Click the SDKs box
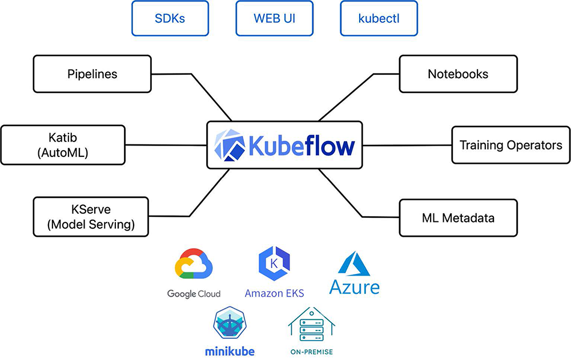click(x=170, y=18)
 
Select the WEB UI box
click(x=274, y=18)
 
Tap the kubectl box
click(x=379, y=18)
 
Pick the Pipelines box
click(x=92, y=74)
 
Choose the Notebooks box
click(x=458, y=74)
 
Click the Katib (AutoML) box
click(x=63, y=145)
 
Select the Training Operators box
click(x=511, y=145)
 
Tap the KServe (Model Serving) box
click(x=91, y=217)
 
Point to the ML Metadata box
click(x=458, y=218)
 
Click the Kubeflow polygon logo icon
click(x=230, y=145)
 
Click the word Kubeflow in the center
click(x=301, y=145)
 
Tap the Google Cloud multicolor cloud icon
click(x=194, y=264)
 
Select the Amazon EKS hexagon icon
click(x=274, y=264)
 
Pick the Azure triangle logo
click(x=354, y=264)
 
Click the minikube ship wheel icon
click(x=230, y=323)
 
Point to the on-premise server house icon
click(x=312, y=326)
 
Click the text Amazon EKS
click(x=274, y=293)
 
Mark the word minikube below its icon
click(x=230, y=351)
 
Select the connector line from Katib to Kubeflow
click(x=166, y=145)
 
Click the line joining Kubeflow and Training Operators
click(x=407, y=145)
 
